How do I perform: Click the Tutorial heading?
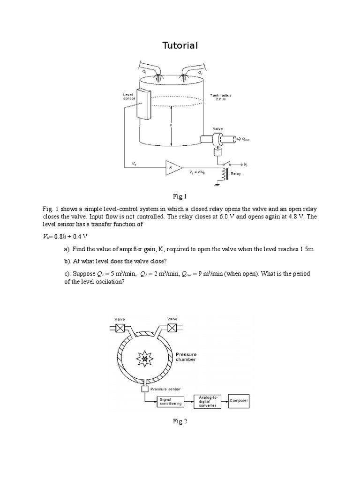pyautogui.click(x=180, y=45)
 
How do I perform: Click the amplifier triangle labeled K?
pyautogui.click(x=172, y=167)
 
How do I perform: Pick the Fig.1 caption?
pyautogui.click(x=180, y=196)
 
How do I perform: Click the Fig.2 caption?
pyautogui.click(x=180, y=421)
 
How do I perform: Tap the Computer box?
pyautogui.click(x=239, y=401)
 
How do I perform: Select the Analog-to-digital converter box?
pyautogui.click(x=207, y=401)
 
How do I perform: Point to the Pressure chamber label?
pyautogui.click(x=186, y=357)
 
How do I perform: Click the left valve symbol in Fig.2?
pyautogui.click(x=120, y=328)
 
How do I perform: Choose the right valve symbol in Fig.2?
pyautogui.click(x=172, y=328)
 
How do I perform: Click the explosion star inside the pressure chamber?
pyautogui.click(x=145, y=359)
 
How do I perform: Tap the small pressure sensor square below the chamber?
pyautogui.click(x=145, y=389)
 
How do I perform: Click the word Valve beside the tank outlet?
pyautogui.click(x=217, y=127)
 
